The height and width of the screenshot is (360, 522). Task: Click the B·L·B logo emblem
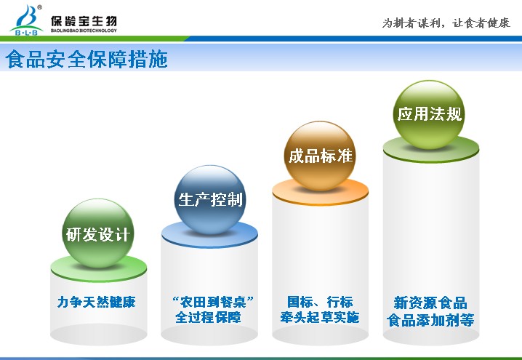(x=26, y=20)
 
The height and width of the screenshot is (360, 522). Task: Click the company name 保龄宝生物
(x=84, y=20)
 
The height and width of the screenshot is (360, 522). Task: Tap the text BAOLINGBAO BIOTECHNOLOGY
(x=84, y=31)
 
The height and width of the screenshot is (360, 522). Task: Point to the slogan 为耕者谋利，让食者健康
(x=446, y=23)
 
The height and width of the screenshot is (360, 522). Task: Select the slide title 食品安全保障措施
(x=87, y=59)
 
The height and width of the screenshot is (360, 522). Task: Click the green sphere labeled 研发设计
(x=98, y=233)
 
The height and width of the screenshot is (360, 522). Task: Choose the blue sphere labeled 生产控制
(x=210, y=200)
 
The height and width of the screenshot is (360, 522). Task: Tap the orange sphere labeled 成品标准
(x=320, y=156)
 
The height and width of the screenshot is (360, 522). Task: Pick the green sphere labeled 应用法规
(x=429, y=114)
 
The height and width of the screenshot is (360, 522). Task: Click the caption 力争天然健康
(x=97, y=302)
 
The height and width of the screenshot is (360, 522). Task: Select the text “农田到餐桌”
(x=213, y=302)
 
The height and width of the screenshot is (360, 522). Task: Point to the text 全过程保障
(x=208, y=317)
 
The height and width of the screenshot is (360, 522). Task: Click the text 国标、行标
(x=320, y=302)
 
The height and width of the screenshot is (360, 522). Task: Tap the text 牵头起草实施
(x=320, y=317)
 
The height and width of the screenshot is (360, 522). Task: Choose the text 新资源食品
(x=430, y=303)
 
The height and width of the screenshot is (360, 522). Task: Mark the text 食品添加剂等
(x=430, y=320)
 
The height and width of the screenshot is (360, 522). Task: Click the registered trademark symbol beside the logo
(x=39, y=7)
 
